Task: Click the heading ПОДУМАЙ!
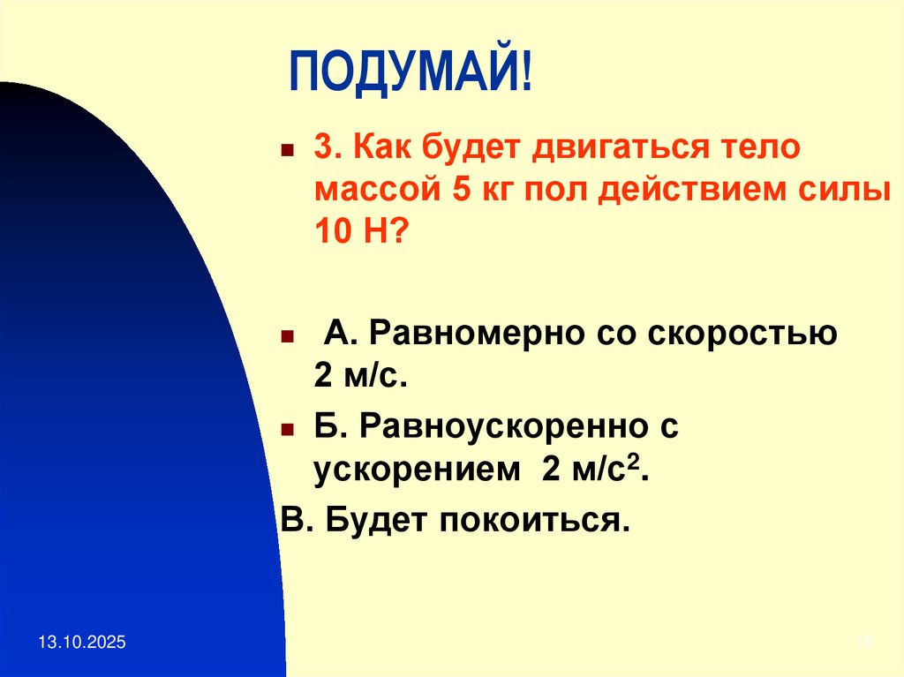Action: pyautogui.click(x=411, y=75)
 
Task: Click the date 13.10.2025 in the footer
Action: pyautogui.click(x=82, y=644)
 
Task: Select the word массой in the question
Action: pyautogui.click(x=375, y=190)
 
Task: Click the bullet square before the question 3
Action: pyautogui.click(x=287, y=149)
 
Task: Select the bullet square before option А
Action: pyautogui.click(x=287, y=337)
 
